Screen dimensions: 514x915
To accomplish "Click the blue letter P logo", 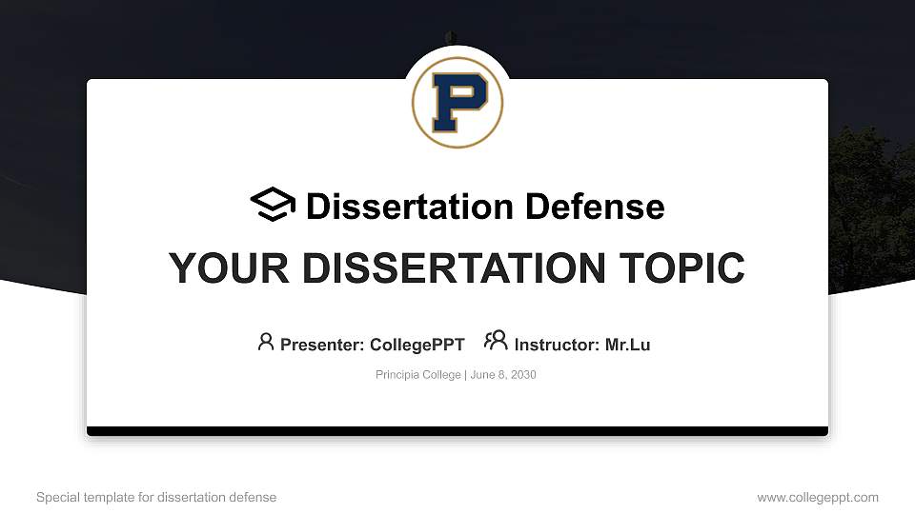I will (x=457, y=102).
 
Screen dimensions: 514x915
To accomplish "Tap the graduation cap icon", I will (x=273, y=205).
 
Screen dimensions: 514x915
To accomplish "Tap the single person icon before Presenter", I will (x=266, y=342).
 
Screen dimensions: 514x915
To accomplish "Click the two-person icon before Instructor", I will (x=496, y=341).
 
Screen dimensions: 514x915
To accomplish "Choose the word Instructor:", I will (x=558, y=345).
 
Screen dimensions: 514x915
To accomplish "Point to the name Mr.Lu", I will (x=628, y=345).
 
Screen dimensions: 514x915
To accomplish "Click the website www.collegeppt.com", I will (x=818, y=498).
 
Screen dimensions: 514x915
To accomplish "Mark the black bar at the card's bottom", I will (x=457, y=431).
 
